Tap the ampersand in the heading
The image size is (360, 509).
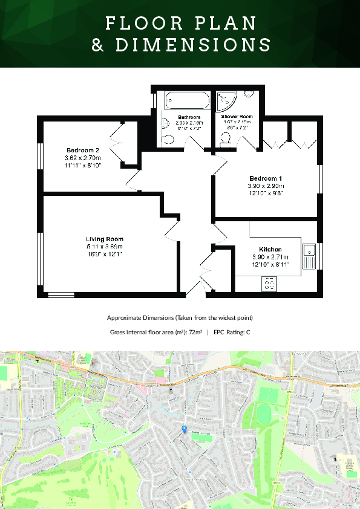pyautogui.click(x=98, y=45)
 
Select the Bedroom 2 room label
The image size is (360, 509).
pyautogui.click(x=82, y=150)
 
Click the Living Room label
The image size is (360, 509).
pyautogui.click(x=104, y=239)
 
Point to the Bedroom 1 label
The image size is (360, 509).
pyautogui.click(x=266, y=178)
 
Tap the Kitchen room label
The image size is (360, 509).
pyautogui.click(x=270, y=249)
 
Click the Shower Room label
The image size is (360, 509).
pyautogui.click(x=237, y=116)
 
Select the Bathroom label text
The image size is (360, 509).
pyautogui.click(x=189, y=117)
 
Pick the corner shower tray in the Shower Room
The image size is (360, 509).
pyautogui.click(x=227, y=100)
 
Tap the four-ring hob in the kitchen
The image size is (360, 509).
pyautogui.click(x=269, y=284)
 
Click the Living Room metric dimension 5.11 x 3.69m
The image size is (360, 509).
pyautogui.click(x=104, y=247)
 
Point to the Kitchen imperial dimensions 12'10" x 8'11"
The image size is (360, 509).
pyautogui.click(x=270, y=264)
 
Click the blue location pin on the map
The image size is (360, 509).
pyautogui.click(x=185, y=429)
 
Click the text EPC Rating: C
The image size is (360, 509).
pyautogui.click(x=232, y=332)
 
